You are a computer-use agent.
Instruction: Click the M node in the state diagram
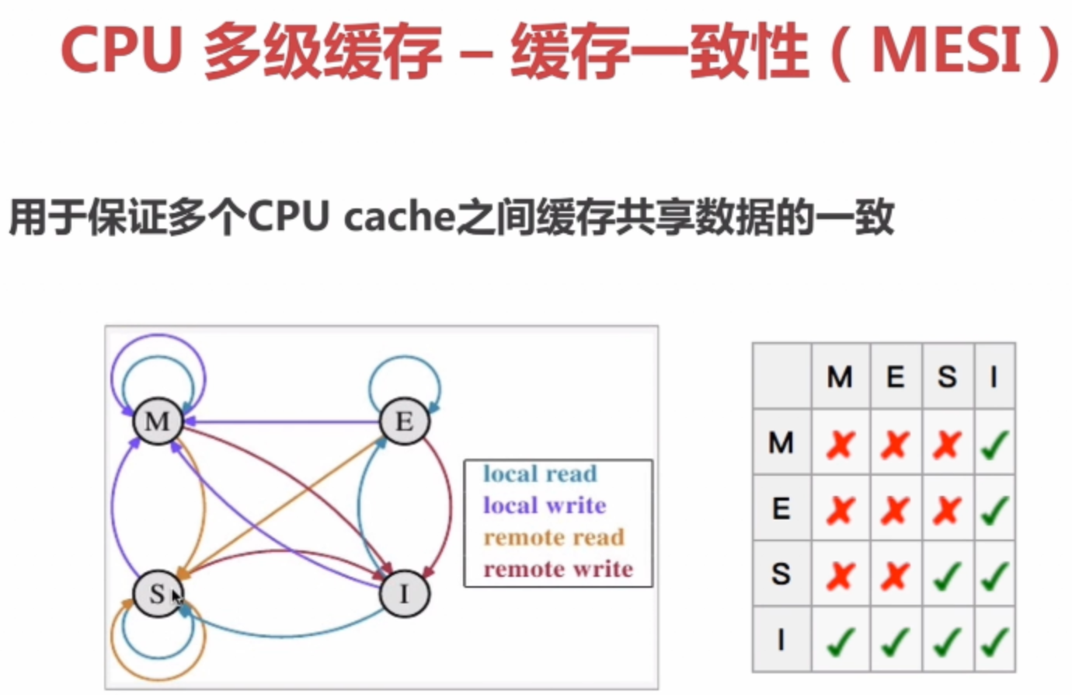tap(158, 421)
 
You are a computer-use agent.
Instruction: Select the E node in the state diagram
tap(404, 421)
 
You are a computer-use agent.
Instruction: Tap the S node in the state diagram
tap(158, 594)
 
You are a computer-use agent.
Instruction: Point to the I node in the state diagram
tap(404, 594)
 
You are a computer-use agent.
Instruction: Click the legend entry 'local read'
tap(540, 473)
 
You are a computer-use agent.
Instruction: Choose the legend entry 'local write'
tap(545, 505)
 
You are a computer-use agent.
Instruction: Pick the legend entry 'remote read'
tap(554, 537)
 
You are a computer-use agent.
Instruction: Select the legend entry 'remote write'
tap(558, 569)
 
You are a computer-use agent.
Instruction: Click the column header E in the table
tap(895, 377)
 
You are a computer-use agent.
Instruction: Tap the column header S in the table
tap(946, 377)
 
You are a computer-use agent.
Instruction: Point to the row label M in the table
tap(781, 443)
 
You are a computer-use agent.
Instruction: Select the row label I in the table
tap(781, 640)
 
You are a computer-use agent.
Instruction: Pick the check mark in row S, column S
tap(946, 576)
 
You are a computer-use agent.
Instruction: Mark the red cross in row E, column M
tap(840, 510)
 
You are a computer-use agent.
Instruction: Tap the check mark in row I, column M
tap(840, 642)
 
